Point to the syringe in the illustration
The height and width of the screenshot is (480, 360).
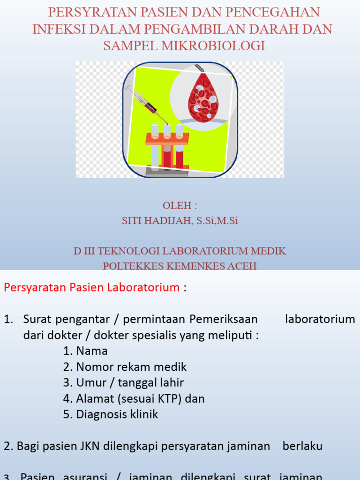click(x=145, y=104)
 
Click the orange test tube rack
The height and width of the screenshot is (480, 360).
click(x=167, y=138)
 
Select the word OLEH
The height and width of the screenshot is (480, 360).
click(x=177, y=205)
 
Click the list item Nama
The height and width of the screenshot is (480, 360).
click(x=92, y=351)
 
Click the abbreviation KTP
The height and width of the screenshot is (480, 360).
click(x=171, y=398)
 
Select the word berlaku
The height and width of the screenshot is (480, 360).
click(x=302, y=446)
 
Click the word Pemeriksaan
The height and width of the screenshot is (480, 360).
click(x=224, y=319)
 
